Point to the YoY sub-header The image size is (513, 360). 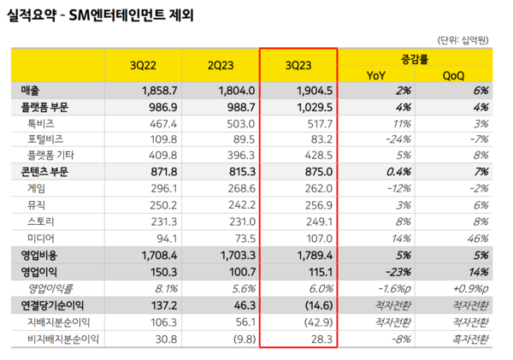coord(375,75)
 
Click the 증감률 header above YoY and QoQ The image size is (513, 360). coord(415,59)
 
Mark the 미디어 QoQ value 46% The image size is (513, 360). coord(475,239)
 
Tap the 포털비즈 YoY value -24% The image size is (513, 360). coord(395,140)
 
